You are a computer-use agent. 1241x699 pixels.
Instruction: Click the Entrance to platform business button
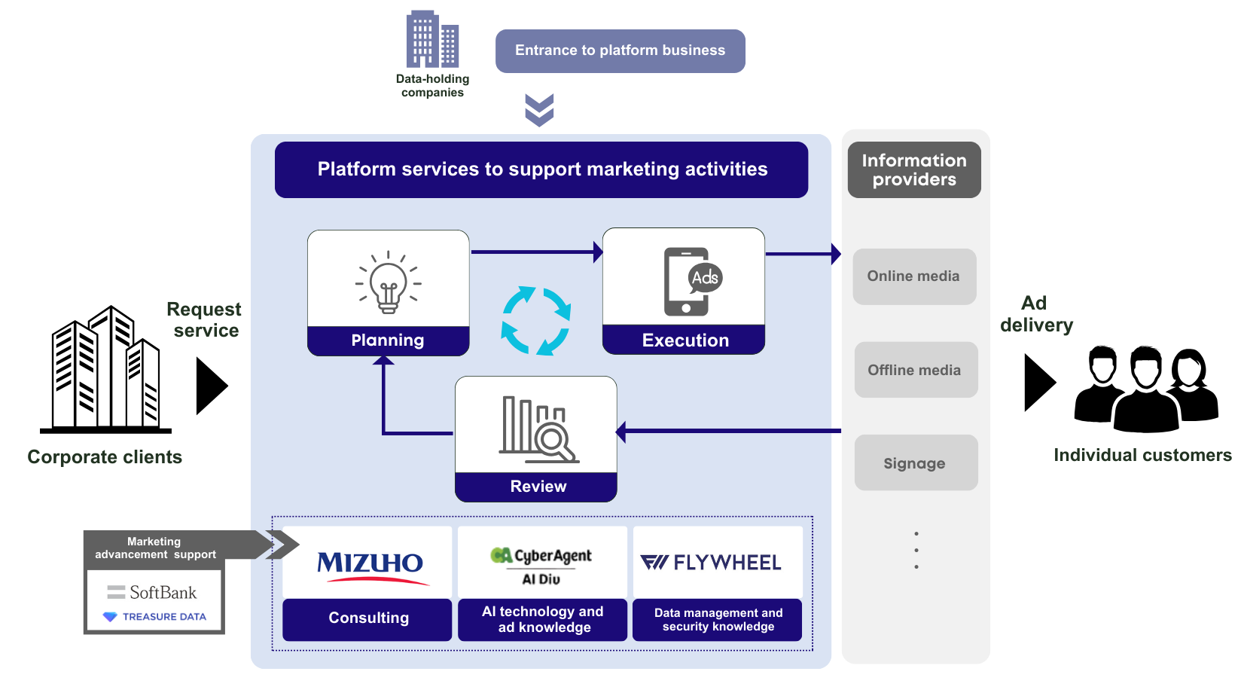pyautogui.click(x=620, y=51)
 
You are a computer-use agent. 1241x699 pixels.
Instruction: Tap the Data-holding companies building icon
pyautogui.click(x=432, y=39)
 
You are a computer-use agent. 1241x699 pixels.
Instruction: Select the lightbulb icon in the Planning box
pyautogui.click(x=389, y=284)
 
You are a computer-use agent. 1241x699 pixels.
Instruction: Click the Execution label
pyautogui.click(x=685, y=340)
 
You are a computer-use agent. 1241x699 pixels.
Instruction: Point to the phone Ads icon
pyautogui.click(x=691, y=281)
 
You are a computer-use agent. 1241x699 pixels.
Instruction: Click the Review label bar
pyautogui.click(x=537, y=487)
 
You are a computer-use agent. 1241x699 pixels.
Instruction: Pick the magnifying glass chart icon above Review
pyautogui.click(x=538, y=429)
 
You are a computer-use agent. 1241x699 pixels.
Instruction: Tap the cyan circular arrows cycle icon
pyautogui.click(x=536, y=320)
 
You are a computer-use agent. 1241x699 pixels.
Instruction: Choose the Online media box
pyautogui.click(x=914, y=276)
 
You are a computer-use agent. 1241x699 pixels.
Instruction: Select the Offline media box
pyautogui.click(x=915, y=370)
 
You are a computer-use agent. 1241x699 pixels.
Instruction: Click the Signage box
pyautogui.click(x=915, y=463)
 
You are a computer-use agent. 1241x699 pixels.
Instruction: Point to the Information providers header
pyautogui.click(x=914, y=170)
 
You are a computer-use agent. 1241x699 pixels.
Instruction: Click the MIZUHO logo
pyautogui.click(x=369, y=565)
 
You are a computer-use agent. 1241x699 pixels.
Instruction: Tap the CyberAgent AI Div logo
pyautogui.click(x=542, y=565)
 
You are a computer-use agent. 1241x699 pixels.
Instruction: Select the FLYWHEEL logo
pyautogui.click(x=712, y=563)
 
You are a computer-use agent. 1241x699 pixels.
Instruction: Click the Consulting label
pyautogui.click(x=368, y=618)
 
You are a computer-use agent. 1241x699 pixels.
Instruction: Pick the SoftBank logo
pyautogui.click(x=154, y=593)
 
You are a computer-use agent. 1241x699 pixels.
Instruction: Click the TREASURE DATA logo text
pyautogui.click(x=163, y=617)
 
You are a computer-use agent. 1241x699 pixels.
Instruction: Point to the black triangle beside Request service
pyautogui.click(x=210, y=386)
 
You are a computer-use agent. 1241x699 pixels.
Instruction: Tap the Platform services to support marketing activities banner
pyautogui.click(x=541, y=170)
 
